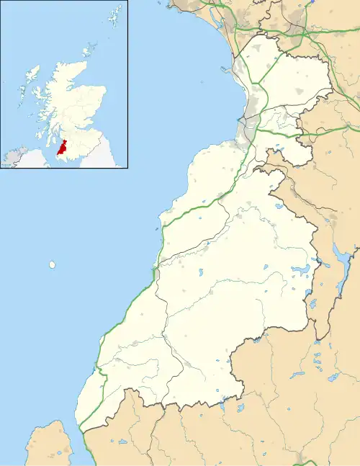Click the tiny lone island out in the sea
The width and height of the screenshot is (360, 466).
pos(53,265)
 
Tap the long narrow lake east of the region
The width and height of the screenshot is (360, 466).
pos(338,256)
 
